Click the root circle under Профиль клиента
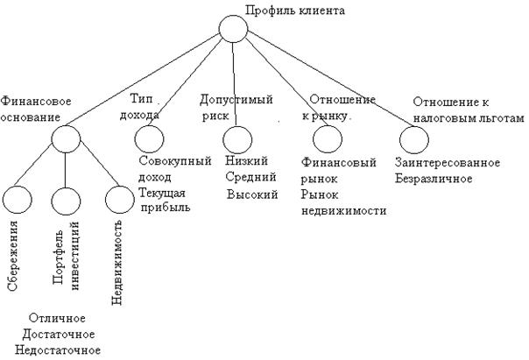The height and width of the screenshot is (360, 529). tap(234, 29)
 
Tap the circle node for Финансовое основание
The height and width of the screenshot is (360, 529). tap(65, 138)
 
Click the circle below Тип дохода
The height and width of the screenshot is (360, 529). tap(149, 138)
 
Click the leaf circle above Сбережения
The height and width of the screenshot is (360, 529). tap(19, 201)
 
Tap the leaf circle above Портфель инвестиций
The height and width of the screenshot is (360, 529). tap(66, 201)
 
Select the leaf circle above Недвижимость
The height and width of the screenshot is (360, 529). tap(118, 201)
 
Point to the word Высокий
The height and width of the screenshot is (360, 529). tap(251, 194)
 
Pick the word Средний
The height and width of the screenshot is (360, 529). tap(249, 178)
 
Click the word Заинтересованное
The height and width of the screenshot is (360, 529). tap(448, 162)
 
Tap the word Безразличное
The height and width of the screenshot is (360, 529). tap(434, 178)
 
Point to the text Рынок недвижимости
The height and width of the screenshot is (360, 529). tap(343, 202)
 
